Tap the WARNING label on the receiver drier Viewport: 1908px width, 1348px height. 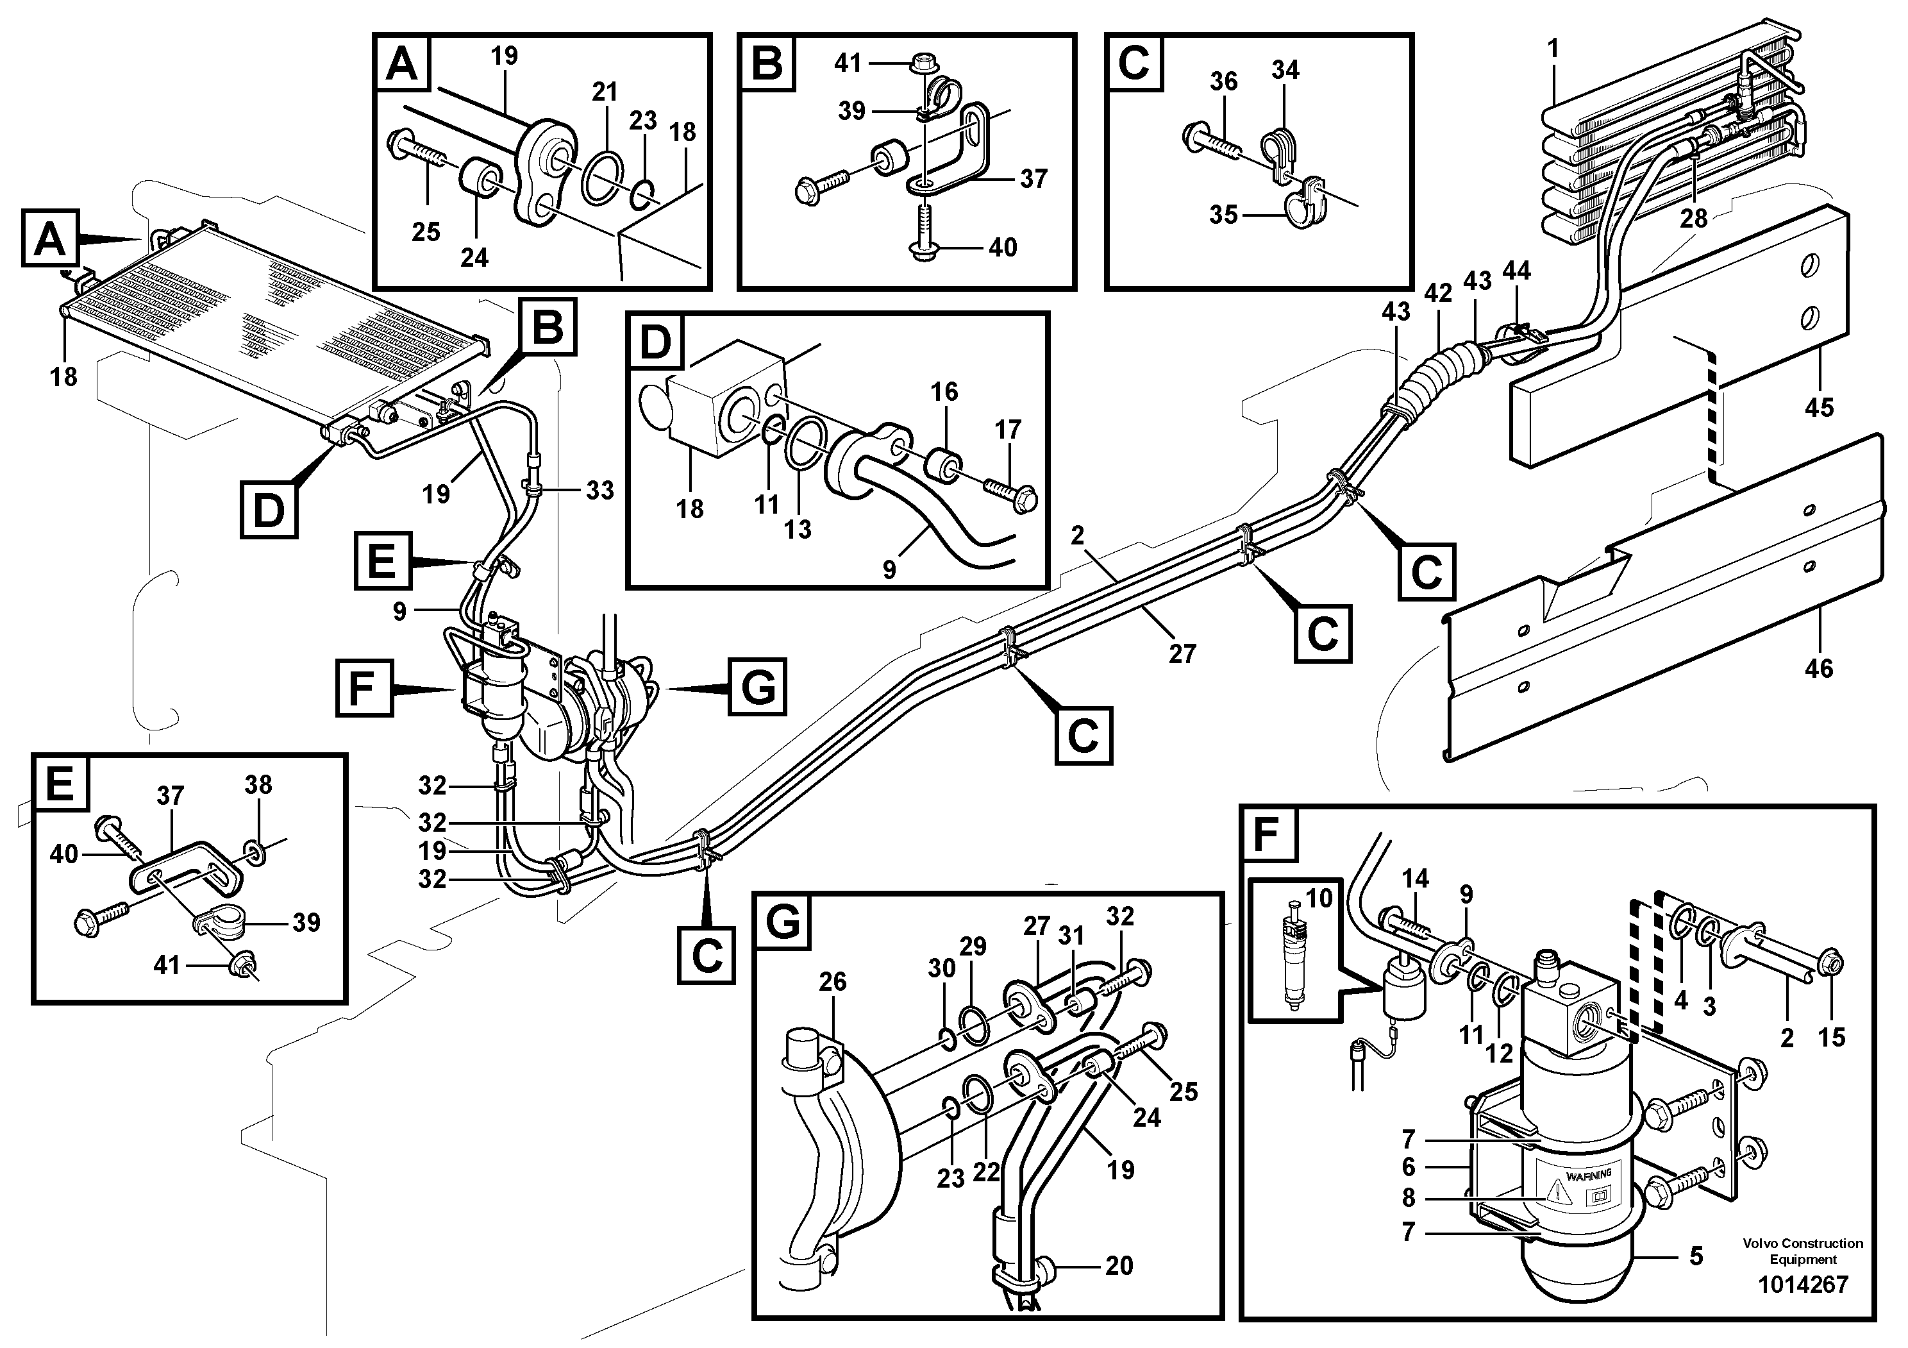(x=1587, y=1174)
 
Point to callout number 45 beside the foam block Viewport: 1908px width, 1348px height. (x=1819, y=407)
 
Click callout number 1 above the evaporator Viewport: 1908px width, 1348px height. (x=1552, y=48)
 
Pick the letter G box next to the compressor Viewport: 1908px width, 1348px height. (x=757, y=686)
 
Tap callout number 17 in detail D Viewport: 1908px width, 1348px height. (x=1007, y=430)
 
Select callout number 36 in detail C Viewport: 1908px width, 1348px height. (x=1223, y=81)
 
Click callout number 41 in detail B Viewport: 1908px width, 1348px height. (x=848, y=63)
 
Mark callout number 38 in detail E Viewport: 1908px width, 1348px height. (x=258, y=784)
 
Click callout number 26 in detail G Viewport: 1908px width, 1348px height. (x=832, y=981)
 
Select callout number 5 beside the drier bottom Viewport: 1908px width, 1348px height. (x=1696, y=1256)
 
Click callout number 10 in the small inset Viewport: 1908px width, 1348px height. (x=1319, y=898)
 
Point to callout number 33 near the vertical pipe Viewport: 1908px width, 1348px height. (x=599, y=491)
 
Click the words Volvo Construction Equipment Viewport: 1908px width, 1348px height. (x=1802, y=1251)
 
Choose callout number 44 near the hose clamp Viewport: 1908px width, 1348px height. (x=1516, y=271)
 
